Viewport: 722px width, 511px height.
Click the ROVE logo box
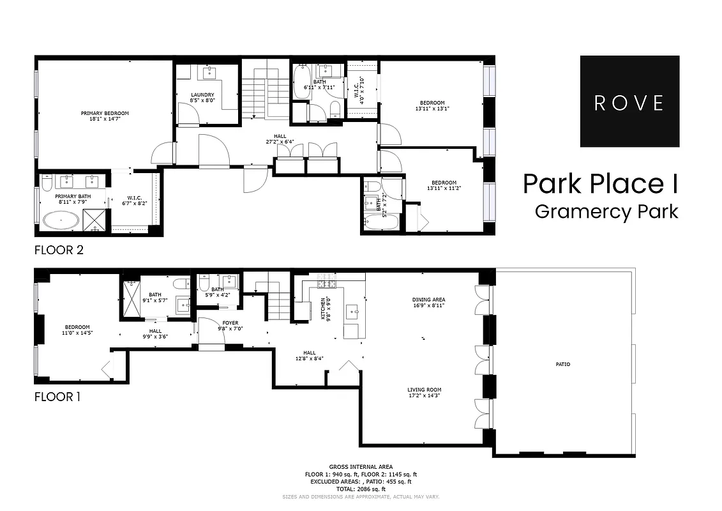tap(629, 102)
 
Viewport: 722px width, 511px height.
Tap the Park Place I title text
tap(600, 184)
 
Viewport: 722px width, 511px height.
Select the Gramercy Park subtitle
tap(606, 211)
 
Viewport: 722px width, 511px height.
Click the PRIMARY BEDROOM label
tap(105, 113)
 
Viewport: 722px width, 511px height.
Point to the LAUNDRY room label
tap(202, 95)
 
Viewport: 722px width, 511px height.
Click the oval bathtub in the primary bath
tap(61, 221)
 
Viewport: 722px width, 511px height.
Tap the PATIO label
tap(562, 364)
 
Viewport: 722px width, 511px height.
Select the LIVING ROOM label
tap(425, 390)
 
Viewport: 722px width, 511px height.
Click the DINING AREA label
tap(429, 299)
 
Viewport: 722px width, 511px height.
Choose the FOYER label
tap(230, 323)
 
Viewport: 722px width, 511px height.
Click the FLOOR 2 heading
tap(59, 250)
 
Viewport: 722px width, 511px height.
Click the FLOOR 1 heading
tap(57, 397)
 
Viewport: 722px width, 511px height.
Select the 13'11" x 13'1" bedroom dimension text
tap(432, 109)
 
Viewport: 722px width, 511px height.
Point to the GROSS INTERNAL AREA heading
tap(361, 467)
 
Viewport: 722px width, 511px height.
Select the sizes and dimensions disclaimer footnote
tap(361, 496)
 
